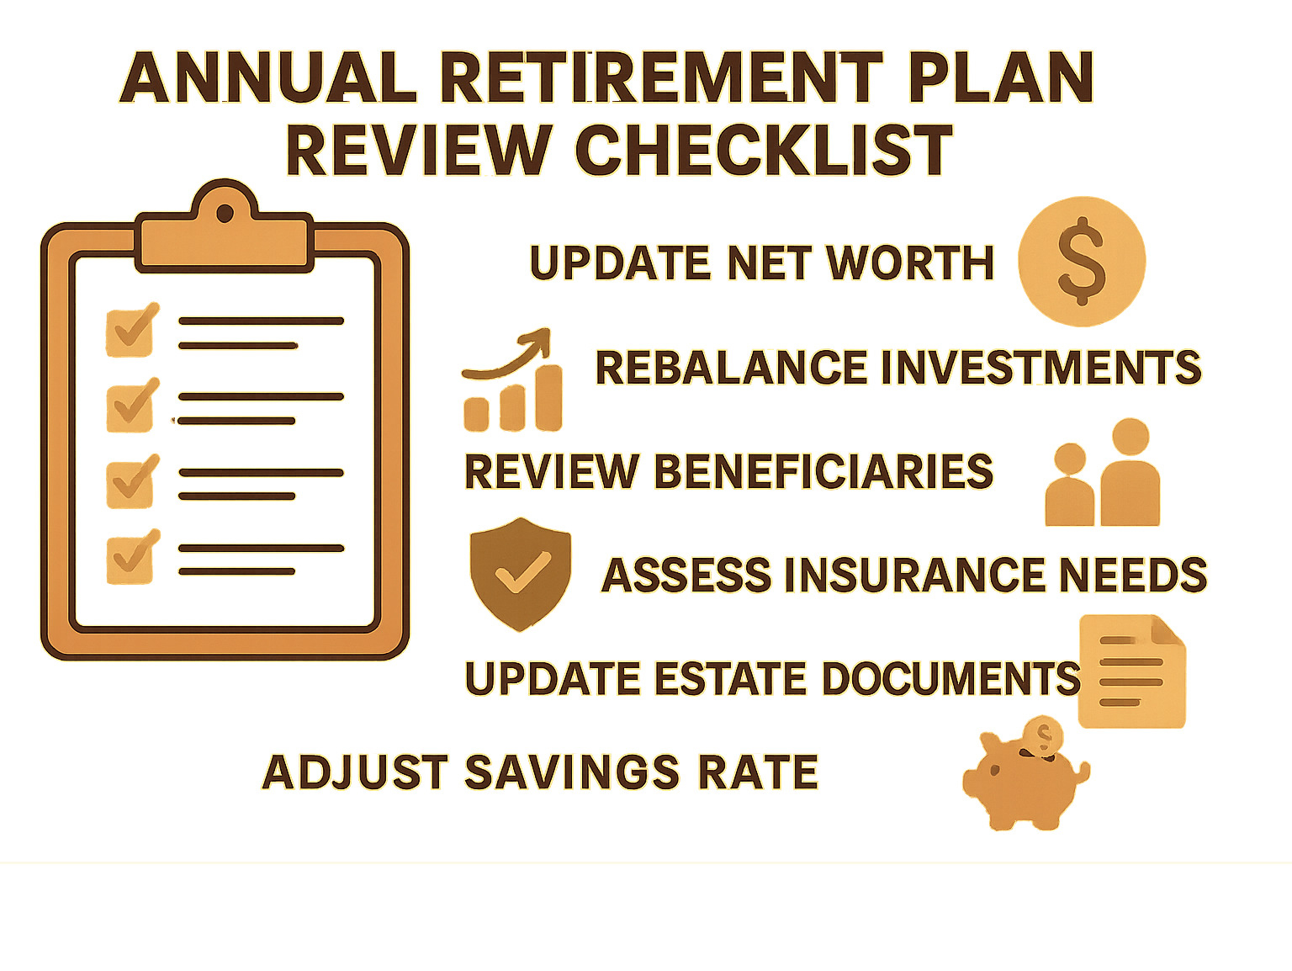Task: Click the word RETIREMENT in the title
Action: click(x=661, y=77)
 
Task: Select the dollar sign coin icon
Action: click(x=1082, y=261)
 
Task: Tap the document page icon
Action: click(x=1131, y=671)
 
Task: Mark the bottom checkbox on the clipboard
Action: click(x=130, y=558)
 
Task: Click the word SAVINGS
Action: click(x=571, y=772)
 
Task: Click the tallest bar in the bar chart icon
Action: click(x=548, y=398)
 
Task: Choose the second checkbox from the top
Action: click(x=130, y=406)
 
